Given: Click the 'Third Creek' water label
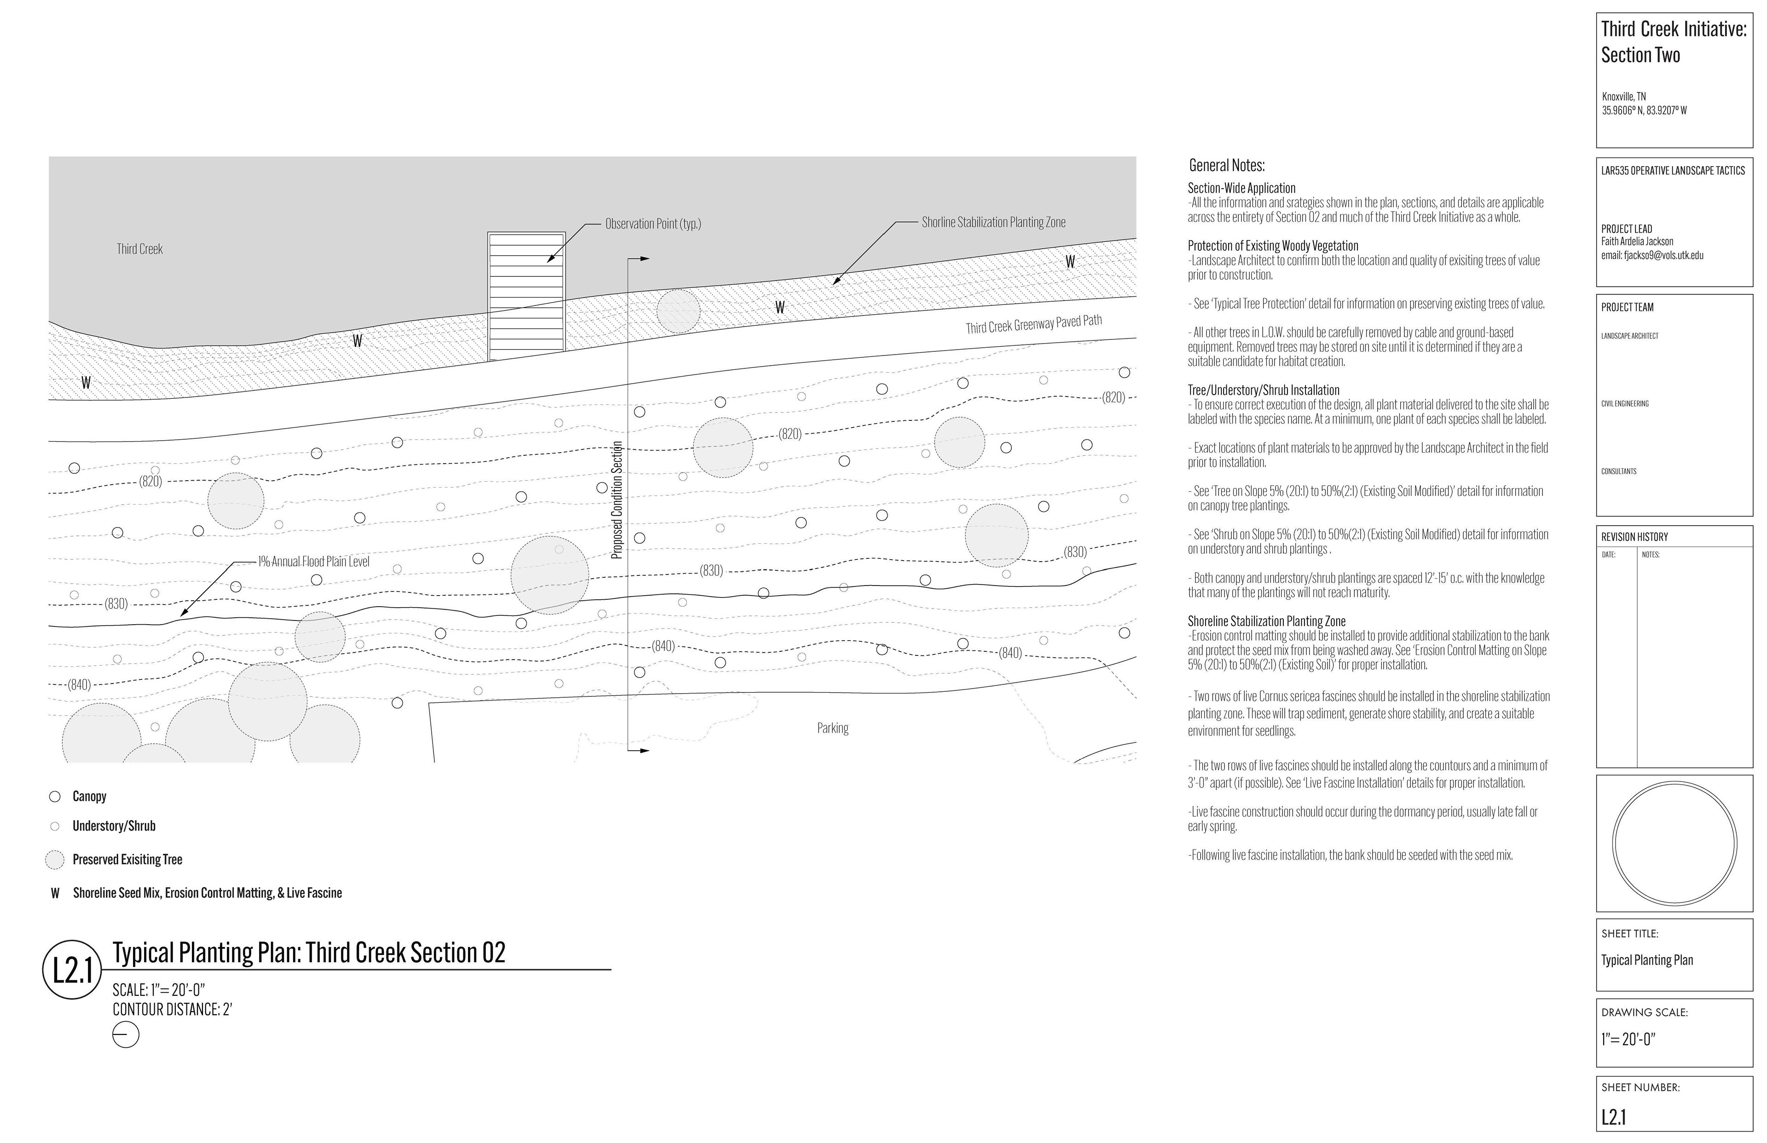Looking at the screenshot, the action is point(139,249).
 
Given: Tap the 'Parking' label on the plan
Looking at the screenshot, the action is point(832,728).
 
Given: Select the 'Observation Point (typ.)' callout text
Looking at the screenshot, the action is point(653,224).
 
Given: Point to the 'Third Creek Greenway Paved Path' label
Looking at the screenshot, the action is point(1034,324).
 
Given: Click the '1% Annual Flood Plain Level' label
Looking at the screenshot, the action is point(313,562).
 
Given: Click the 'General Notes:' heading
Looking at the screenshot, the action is point(1226,166).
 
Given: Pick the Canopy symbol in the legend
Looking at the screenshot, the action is point(55,796).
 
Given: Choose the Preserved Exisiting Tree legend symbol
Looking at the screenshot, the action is point(55,860).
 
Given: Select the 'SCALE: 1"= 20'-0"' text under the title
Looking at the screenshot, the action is point(158,990).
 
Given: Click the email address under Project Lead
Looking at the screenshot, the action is point(1652,255).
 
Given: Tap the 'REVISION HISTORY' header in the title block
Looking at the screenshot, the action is point(1634,537).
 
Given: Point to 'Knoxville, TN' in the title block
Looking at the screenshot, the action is point(1624,97).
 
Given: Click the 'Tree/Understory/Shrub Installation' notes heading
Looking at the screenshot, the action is point(1264,391).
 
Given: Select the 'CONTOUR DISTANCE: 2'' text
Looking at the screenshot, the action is point(172,1010).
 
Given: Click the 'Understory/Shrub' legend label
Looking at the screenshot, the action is point(114,826).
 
